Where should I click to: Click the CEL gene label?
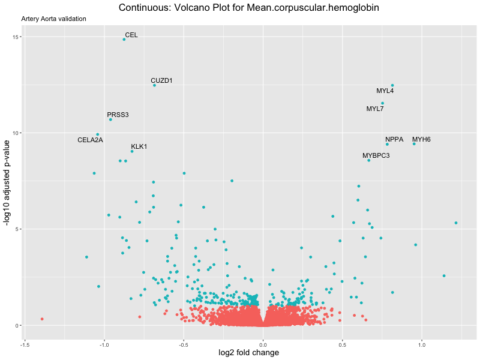(x=131, y=35)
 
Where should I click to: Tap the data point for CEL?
(x=124, y=40)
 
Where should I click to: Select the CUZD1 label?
(x=161, y=80)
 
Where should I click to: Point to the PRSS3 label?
(x=118, y=115)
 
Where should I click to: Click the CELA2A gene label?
(x=91, y=140)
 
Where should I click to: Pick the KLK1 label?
(x=139, y=146)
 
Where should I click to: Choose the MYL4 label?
(x=385, y=91)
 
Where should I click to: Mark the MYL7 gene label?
(x=375, y=109)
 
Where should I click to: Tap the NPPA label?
(x=394, y=139)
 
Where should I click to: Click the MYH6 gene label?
(x=421, y=139)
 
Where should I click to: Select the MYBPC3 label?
(x=376, y=155)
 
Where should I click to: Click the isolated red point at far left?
(x=42, y=319)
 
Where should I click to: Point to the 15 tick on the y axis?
(x=16, y=37)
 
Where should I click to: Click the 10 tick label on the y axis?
(x=16, y=133)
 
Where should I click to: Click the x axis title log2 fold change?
(x=249, y=353)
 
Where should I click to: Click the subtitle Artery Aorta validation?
(x=53, y=19)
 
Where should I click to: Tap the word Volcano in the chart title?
(x=178, y=8)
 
